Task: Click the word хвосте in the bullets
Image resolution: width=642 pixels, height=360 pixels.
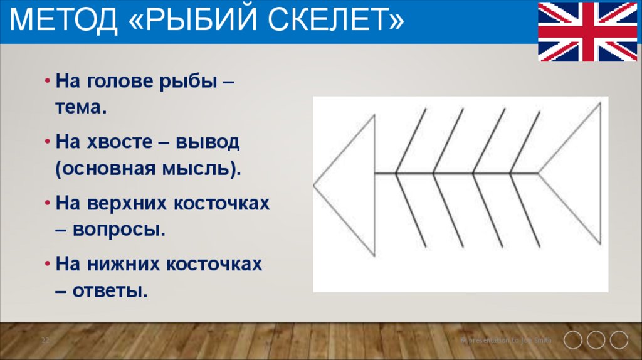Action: pos(115,142)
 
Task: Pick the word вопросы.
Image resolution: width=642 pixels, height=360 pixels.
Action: pos(119,230)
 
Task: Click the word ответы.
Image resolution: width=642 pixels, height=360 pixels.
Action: pos(110,291)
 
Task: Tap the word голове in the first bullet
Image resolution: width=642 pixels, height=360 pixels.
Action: pos(122,82)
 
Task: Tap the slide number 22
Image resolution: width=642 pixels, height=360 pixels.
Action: pos(45,340)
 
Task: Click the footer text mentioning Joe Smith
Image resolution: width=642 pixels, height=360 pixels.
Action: pos(507,340)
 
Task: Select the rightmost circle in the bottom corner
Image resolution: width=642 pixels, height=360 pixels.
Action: pos(619,340)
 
